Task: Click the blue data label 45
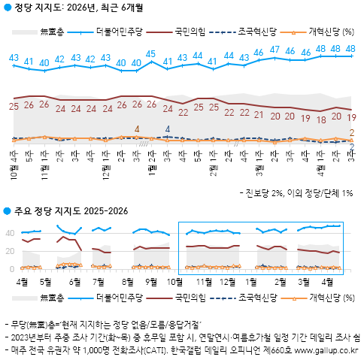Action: [x=151, y=54]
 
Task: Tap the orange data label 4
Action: [x=137, y=129]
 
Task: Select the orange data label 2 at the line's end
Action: [x=352, y=133]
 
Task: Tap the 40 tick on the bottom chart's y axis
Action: [x=10, y=233]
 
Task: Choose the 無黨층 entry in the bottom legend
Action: [x=53, y=298]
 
